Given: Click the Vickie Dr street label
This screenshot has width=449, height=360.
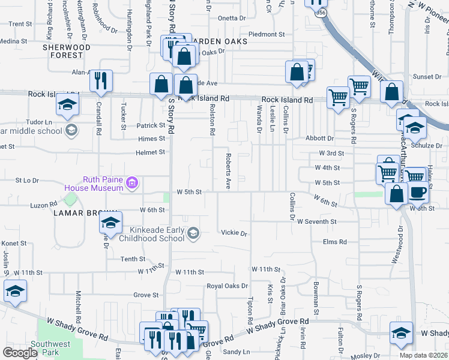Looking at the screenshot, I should tap(234, 232).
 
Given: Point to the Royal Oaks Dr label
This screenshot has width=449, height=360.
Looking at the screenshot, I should tap(227, 286).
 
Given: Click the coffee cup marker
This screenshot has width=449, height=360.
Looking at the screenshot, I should tap(419, 192).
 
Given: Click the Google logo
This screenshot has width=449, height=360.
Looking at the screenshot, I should tap(20, 352).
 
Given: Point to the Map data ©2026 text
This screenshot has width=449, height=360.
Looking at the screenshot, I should tap(423, 355).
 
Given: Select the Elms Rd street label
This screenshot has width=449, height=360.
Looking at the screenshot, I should tap(335, 242).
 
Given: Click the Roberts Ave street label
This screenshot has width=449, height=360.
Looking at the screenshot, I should tap(228, 171).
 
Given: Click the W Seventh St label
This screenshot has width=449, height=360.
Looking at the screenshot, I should tap(316, 222).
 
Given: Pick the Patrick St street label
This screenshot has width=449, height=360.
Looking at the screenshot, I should tap(150, 125).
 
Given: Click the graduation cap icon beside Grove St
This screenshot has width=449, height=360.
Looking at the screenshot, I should tap(15, 292).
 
